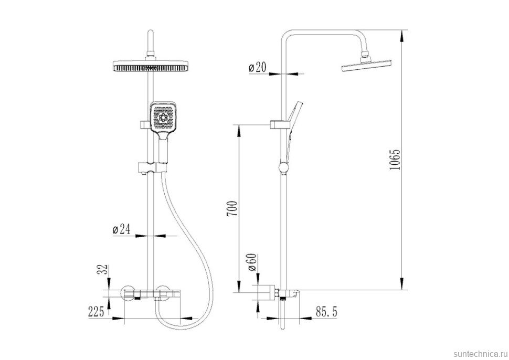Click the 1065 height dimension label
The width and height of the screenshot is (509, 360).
tap(395, 160)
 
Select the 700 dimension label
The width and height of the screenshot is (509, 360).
tap(232, 209)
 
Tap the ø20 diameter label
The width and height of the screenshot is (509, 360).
tap(257, 68)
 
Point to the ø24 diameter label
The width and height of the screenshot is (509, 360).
tap(121, 229)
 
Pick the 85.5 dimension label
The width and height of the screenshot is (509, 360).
tap(326, 312)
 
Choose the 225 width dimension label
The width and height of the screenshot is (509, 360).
tap(96, 312)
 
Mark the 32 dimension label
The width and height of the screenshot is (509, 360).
tap(102, 269)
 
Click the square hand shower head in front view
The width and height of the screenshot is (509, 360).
tap(163, 120)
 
